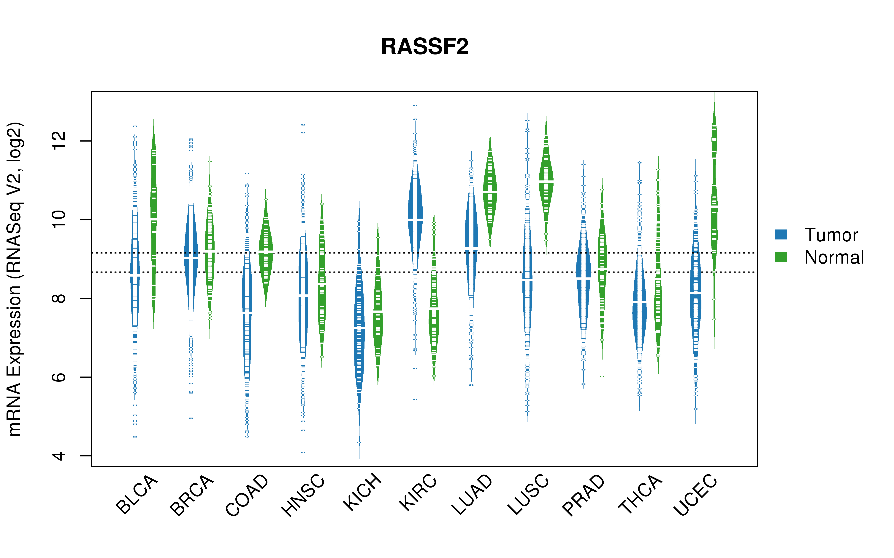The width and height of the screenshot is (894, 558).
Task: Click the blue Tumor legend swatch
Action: tap(781, 234)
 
